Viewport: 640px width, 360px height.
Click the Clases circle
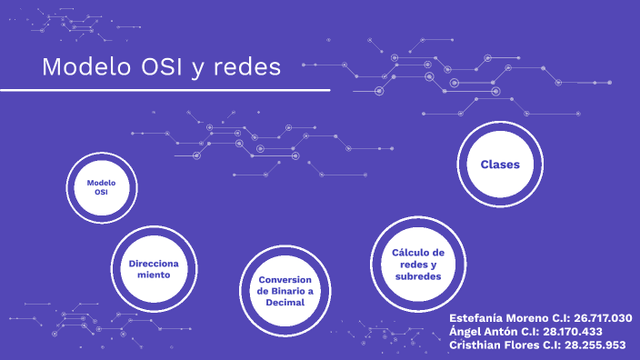(x=499, y=165)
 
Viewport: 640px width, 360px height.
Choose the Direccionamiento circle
(x=154, y=268)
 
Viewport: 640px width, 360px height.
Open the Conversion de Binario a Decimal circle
(x=285, y=291)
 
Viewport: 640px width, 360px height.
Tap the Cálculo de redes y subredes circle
(x=417, y=264)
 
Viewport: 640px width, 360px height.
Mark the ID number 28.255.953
(x=593, y=345)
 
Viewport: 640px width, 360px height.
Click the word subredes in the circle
(x=418, y=275)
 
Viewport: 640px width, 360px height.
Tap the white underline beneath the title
(x=165, y=90)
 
